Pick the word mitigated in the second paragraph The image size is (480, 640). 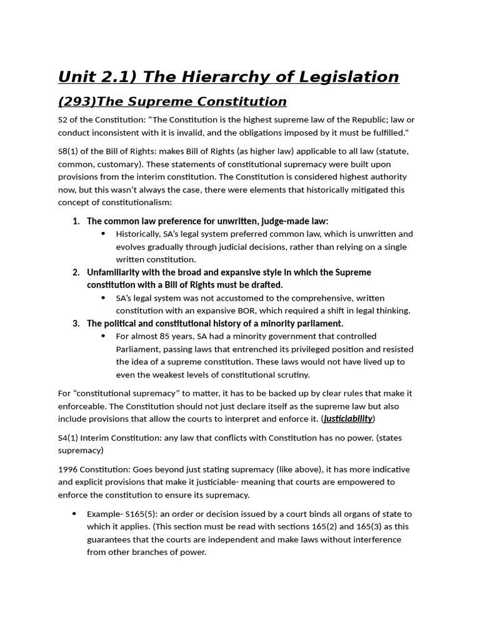pos(351,189)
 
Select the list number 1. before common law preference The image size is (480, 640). pos(76,221)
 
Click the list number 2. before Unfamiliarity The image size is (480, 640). pos(76,272)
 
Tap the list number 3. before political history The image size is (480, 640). pos(76,324)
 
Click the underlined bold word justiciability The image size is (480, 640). pos(348,419)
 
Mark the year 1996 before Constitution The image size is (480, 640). pos(67,470)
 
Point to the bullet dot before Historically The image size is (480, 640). pos(103,234)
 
